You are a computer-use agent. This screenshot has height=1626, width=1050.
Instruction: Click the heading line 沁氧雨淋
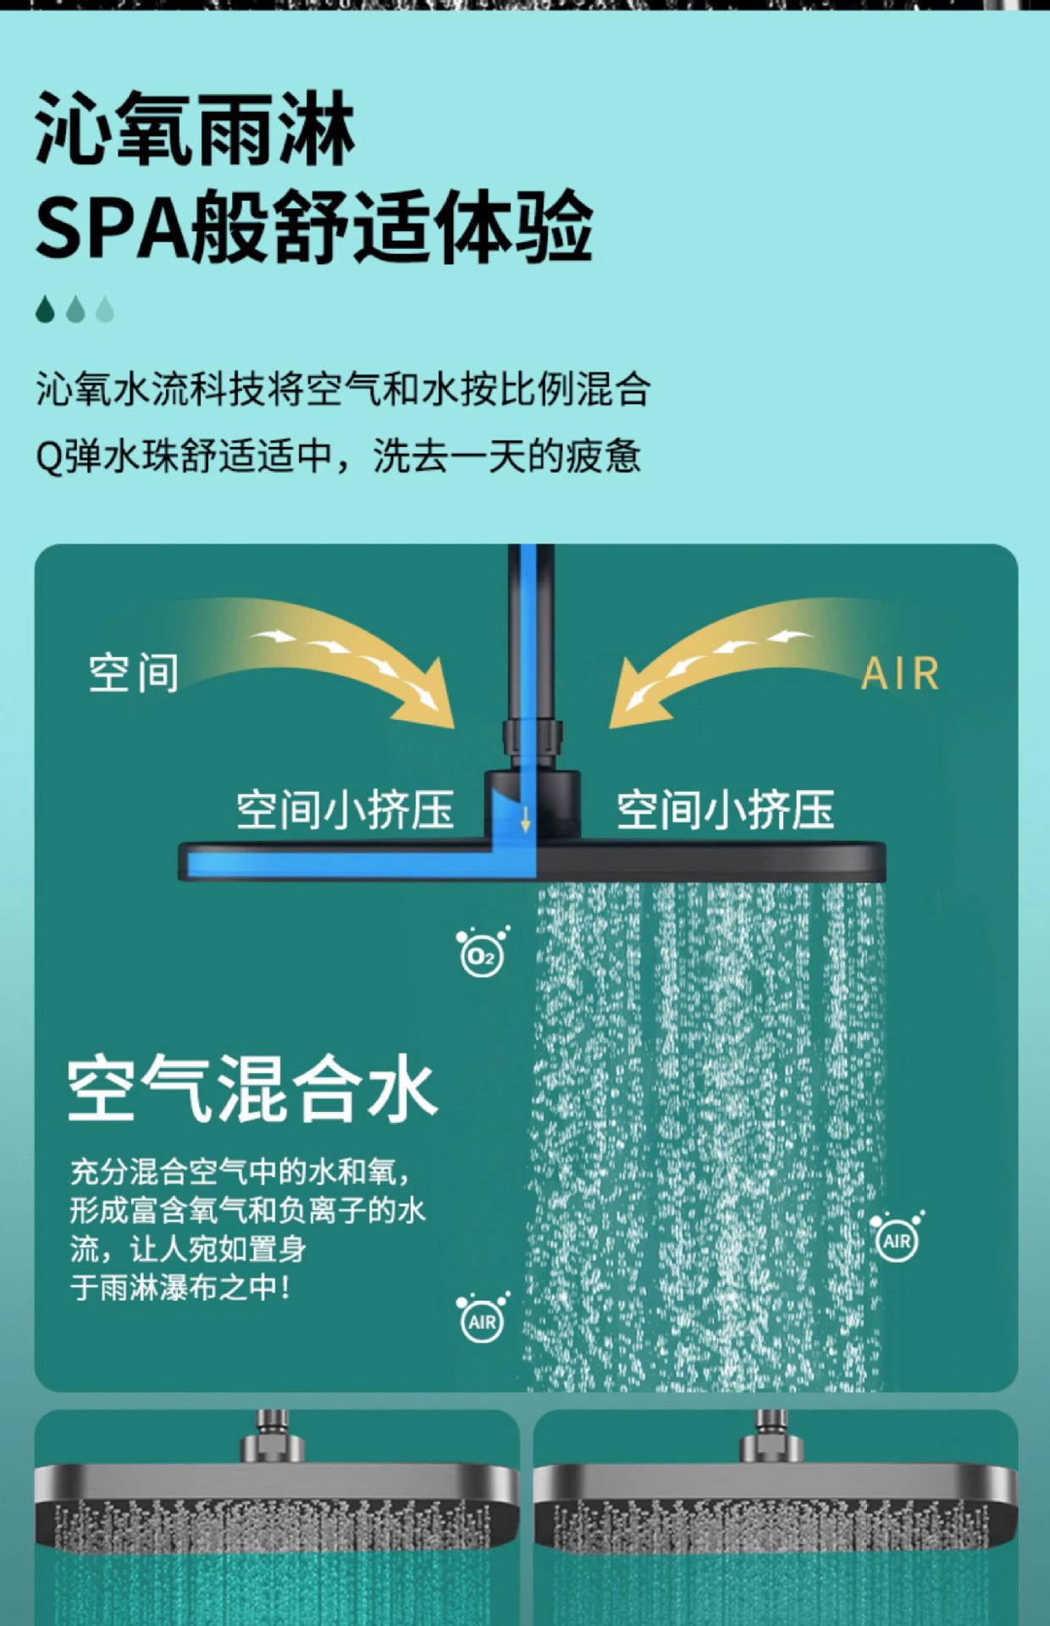[x=195, y=130]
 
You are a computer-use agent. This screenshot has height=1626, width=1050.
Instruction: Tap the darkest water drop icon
[x=46, y=309]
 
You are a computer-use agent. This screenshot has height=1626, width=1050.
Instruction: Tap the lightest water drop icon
[x=105, y=309]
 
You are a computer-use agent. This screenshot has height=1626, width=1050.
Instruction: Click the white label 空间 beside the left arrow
[x=134, y=673]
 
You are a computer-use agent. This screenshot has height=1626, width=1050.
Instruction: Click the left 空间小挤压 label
[x=345, y=810]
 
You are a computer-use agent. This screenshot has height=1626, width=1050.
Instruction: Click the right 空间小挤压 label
[x=726, y=810]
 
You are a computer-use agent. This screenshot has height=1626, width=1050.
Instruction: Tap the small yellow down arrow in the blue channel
[x=525, y=819]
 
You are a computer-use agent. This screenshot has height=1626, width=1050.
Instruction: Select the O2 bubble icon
[x=483, y=952]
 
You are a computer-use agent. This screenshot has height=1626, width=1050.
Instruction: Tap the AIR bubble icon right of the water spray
[x=897, y=1238]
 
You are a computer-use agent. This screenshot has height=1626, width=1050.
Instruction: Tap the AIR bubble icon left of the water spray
[x=483, y=1319]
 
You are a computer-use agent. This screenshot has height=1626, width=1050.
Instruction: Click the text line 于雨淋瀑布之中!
[x=181, y=1288]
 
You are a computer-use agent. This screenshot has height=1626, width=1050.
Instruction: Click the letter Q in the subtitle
[x=48, y=458]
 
